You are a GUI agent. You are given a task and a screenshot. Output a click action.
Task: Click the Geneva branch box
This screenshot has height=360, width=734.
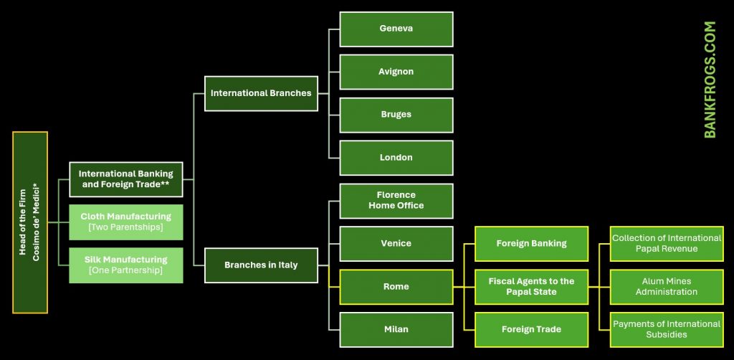coord(396,29)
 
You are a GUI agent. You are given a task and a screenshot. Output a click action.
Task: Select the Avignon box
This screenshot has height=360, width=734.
coord(396,72)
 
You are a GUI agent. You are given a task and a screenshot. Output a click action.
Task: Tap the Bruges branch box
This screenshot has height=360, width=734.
coord(396,115)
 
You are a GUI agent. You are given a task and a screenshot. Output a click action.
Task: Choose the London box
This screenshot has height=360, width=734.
coord(396,158)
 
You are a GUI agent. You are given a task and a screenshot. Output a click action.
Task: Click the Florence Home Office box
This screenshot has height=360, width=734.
coord(396,201)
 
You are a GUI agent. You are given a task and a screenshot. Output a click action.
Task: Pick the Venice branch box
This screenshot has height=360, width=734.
coord(396,244)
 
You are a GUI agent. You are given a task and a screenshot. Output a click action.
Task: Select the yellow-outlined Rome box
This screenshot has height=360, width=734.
coord(396,287)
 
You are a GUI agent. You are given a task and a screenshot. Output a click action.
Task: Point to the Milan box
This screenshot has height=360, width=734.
coord(396,330)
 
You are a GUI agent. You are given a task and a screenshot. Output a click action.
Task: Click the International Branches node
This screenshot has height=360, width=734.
coord(261,93)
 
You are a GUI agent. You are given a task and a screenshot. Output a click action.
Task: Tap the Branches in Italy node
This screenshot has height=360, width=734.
coord(261,265)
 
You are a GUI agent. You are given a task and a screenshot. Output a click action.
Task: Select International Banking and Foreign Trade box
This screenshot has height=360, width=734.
coord(126,179)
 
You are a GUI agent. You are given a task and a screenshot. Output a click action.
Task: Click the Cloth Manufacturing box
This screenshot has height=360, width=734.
coord(126,222)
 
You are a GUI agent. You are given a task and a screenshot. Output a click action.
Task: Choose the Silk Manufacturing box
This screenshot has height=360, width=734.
coord(126,265)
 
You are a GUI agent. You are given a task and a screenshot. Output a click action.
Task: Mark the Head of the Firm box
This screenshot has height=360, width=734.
coord(30,222)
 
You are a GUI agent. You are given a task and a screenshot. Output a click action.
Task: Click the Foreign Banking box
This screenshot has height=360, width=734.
coord(531,244)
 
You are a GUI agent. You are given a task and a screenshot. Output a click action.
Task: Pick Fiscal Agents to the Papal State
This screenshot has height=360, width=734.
coord(531,287)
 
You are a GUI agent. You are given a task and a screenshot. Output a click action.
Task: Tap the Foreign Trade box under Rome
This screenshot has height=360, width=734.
coord(531,330)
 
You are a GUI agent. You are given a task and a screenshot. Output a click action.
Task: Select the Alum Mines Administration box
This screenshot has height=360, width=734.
coord(666,287)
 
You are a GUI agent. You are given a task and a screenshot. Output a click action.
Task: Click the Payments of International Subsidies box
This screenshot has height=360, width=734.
coord(666,330)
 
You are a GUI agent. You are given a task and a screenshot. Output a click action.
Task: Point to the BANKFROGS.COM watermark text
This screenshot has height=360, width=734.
coord(710,79)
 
